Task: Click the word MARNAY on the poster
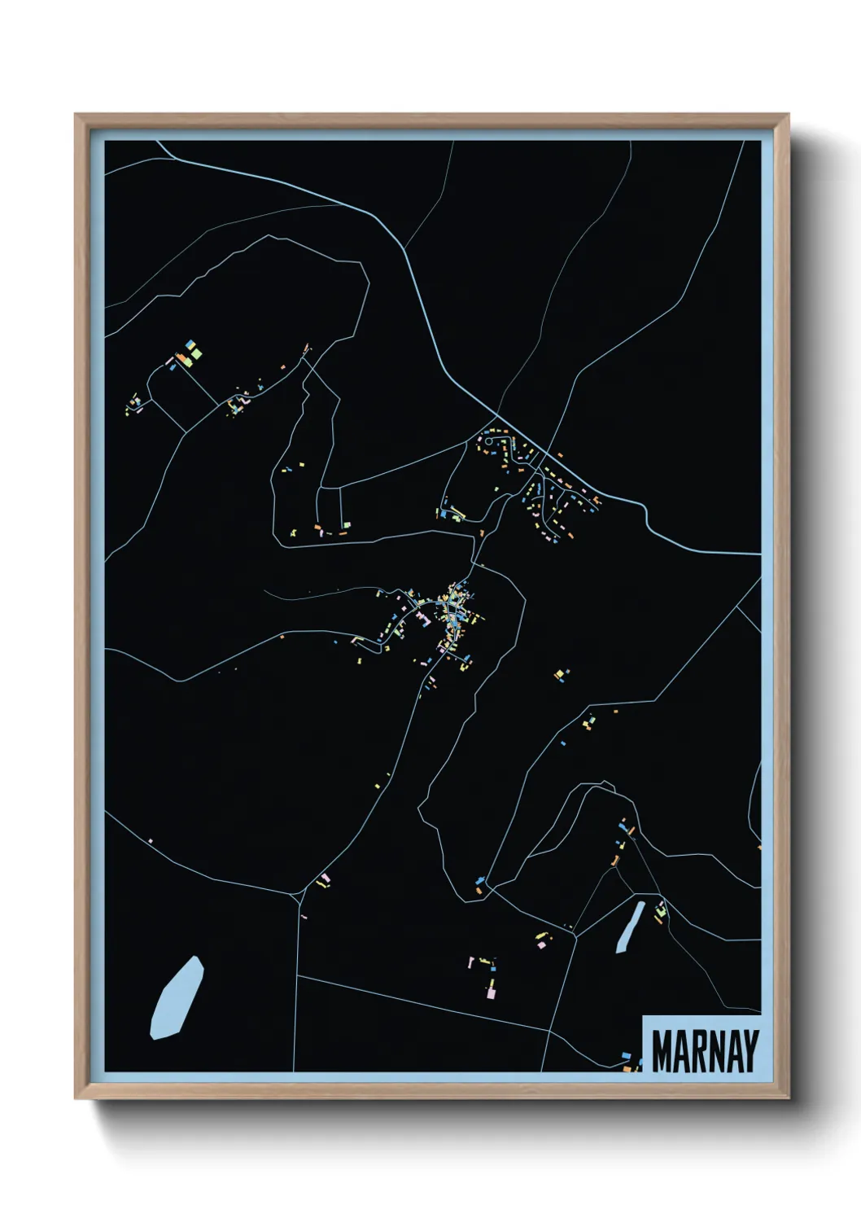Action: (705, 1051)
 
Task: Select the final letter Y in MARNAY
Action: (750, 1051)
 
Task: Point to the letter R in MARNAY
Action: (697, 1051)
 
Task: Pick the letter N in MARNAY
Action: (715, 1051)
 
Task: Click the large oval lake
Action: (177, 998)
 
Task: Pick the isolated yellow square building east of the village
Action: (558, 673)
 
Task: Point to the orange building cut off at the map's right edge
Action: (759, 848)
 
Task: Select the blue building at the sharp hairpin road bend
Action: (480, 880)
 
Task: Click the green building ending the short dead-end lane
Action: (347, 525)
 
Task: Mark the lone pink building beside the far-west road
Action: (151, 840)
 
